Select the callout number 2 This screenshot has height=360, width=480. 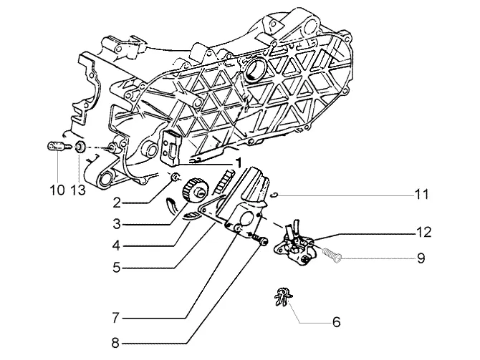click(x=117, y=203)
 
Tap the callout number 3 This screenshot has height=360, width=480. click(x=117, y=224)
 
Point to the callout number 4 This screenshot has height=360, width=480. click(x=117, y=245)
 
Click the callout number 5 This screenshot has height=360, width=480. click(x=117, y=268)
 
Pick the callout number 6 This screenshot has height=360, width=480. click(x=336, y=322)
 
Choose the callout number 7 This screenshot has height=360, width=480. click(x=116, y=318)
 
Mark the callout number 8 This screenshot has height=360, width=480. click(x=115, y=343)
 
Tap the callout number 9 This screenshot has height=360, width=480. click(x=421, y=258)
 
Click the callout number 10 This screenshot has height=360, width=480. click(x=57, y=190)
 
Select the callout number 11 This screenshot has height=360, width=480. click(x=421, y=194)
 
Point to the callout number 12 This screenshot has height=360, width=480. click(x=423, y=232)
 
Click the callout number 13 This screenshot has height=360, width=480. click(x=78, y=190)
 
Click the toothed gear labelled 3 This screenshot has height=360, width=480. click(x=195, y=190)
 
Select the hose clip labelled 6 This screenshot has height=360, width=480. click(x=282, y=296)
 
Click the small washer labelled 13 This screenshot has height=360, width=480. click(x=80, y=147)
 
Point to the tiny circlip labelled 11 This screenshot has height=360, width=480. click(x=275, y=195)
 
